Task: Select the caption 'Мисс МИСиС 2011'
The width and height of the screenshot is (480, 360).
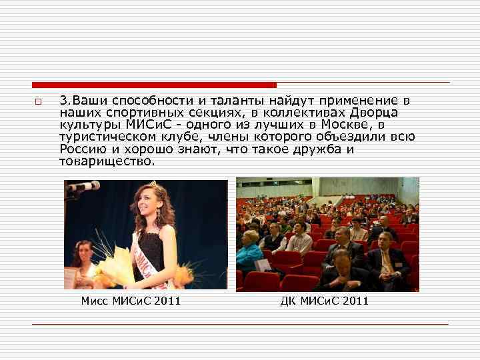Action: point(131,301)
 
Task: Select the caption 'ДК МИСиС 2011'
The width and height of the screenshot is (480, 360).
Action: point(325,301)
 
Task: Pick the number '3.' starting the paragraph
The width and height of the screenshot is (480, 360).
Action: point(65,101)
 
